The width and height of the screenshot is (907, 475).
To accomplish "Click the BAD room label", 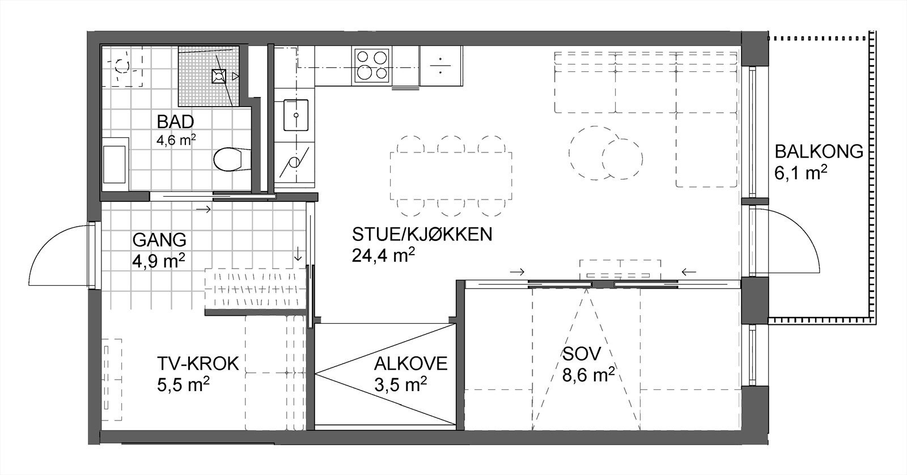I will (x=175, y=121).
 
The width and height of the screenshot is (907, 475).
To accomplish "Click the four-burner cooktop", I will (x=372, y=65).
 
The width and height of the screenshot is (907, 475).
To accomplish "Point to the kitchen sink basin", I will (x=295, y=115).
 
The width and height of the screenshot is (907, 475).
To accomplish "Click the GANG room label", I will (x=159, y=240).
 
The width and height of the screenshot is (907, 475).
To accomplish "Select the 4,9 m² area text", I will (x=159, y=260).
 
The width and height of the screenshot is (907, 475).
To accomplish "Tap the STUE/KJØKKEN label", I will (x=422, y=234).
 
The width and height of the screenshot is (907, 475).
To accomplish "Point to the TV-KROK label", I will (x=198, y=363).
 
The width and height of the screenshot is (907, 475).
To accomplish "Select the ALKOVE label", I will (x=410, y=363).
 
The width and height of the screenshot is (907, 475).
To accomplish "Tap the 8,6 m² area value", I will (x=588, y=375).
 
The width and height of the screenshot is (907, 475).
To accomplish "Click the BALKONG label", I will (x=819, y=152).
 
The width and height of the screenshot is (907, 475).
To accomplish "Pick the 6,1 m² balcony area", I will (x=800, y=173).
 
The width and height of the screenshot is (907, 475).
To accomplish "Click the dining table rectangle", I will (x=451, y=175).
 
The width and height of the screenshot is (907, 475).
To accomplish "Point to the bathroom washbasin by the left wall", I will (x=116, y=164).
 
